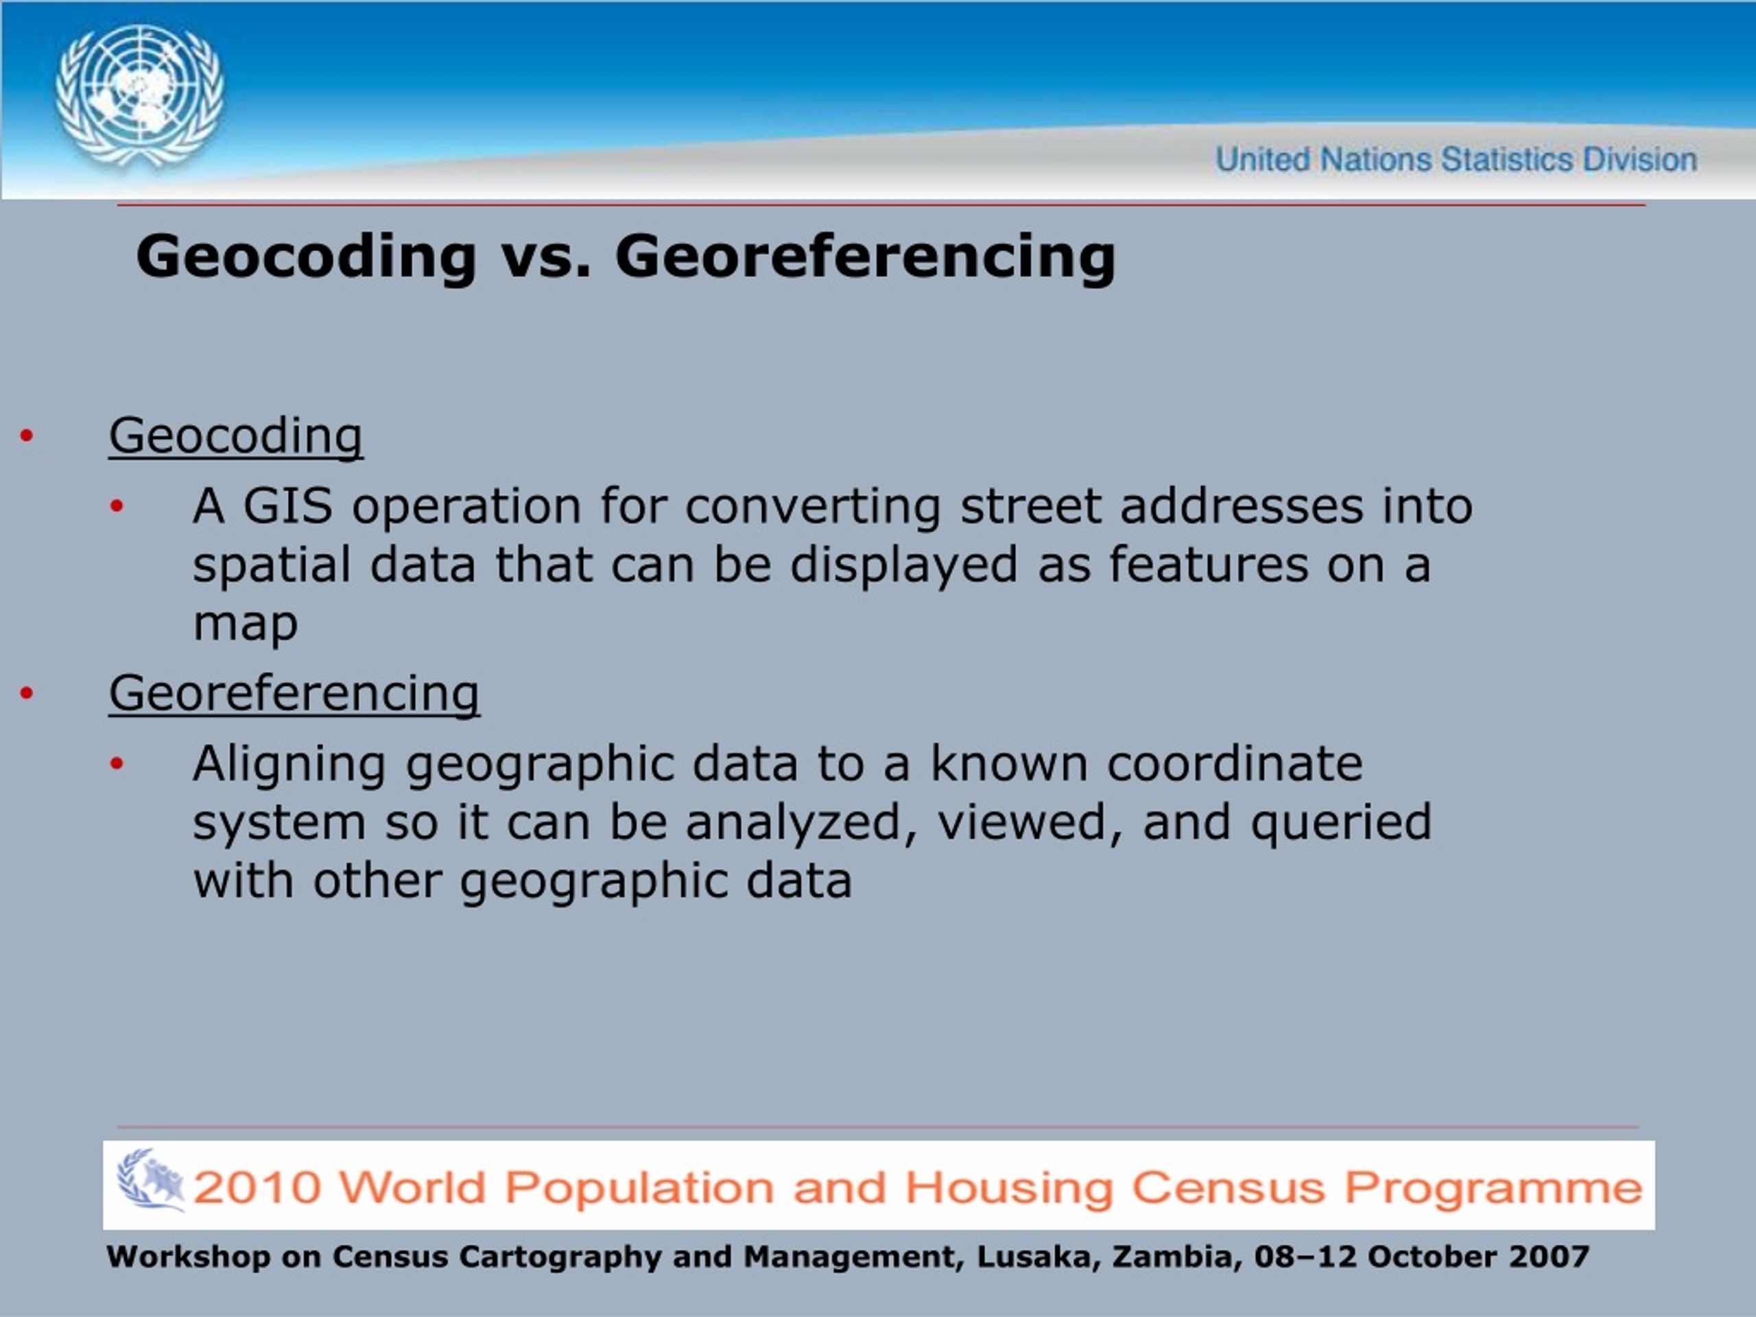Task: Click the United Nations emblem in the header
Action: point(139,95)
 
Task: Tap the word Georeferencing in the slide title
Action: point(865,257)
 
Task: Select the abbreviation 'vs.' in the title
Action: point(546,257)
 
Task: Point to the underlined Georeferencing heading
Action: point(294,693)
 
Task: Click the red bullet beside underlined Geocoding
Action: point(27,436)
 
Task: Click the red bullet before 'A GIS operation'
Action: point(117,506)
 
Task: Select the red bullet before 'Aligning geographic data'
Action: point(117,763)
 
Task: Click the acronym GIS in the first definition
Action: point(287,506)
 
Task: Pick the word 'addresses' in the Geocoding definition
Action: point(1241,506)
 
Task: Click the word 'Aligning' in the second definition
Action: point(289,763)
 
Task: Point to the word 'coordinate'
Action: point(1235,763)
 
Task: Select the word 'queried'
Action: point(1341,822)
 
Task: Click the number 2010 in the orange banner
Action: point(257,1187)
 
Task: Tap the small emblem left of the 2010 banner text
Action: point(150,1180)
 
